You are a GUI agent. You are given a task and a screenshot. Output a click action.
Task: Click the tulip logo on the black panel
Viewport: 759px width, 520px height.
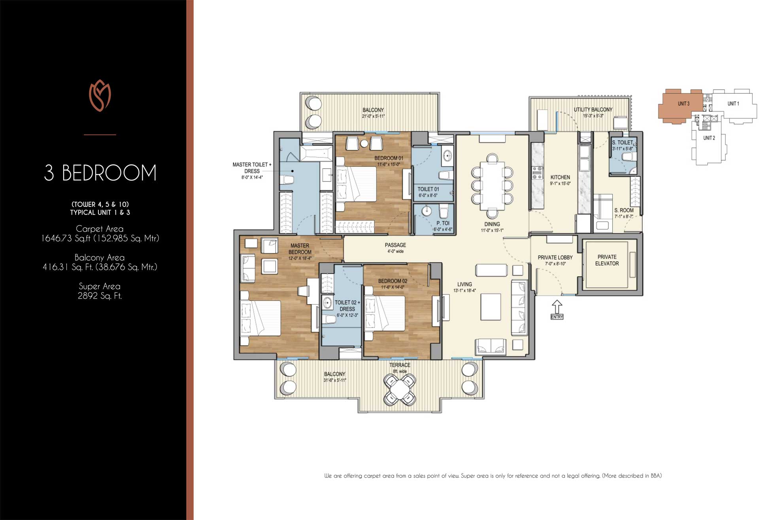(100, 96)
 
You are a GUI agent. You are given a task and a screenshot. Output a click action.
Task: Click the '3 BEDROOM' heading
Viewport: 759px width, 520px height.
(100, 173)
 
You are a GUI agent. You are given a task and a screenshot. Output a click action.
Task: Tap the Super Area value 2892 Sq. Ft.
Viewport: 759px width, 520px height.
(100, 296)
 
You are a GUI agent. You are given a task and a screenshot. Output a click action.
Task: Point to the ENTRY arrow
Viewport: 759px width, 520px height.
(557, 307)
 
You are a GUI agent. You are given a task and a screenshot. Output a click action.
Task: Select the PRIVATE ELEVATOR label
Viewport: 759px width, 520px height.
(607, 260)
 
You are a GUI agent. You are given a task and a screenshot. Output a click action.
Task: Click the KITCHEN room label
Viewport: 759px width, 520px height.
(560, 178)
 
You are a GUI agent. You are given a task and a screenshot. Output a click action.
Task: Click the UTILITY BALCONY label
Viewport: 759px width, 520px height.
(593, 110)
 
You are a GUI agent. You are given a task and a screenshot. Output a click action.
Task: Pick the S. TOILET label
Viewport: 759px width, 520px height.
(623, 142)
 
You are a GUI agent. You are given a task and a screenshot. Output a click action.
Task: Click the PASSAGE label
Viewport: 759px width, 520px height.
(395, 245)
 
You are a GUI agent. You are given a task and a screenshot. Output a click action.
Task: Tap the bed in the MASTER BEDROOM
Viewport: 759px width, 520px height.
(261, 318)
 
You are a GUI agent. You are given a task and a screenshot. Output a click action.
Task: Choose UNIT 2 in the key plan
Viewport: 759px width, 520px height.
(709, 138)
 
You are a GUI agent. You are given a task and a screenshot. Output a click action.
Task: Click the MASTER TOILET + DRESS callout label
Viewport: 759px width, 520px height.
(252, 168)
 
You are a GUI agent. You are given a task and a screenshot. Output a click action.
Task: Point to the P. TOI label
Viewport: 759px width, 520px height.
(443, 223)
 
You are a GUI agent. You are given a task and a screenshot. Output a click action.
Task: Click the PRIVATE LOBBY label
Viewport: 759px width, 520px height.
(555, 257)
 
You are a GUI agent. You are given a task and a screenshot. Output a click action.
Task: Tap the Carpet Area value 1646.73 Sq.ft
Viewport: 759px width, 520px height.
(100, 238)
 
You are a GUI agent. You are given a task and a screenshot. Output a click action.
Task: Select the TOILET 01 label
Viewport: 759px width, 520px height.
(428, 189)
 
